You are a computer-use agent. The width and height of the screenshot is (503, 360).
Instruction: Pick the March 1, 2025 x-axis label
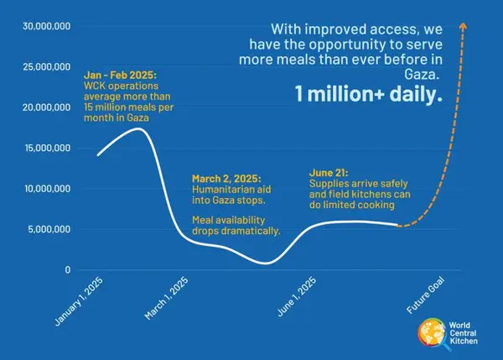tap(167, 299)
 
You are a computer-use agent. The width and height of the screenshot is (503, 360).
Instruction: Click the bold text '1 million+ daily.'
tap(368, 96)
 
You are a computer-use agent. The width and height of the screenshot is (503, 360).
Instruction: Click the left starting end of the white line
tap(97, 155)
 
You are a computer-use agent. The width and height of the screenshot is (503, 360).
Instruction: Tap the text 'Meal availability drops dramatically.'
tap(236, 225)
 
